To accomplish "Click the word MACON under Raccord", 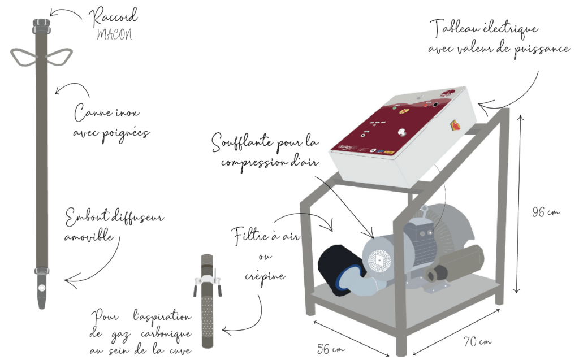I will [114, 34].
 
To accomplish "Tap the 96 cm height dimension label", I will [546, 212].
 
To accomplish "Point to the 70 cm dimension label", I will [477, 341].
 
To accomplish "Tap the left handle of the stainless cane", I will [23, 55].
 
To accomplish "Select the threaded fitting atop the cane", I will [40, 25].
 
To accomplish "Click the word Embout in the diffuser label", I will [88, 219].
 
